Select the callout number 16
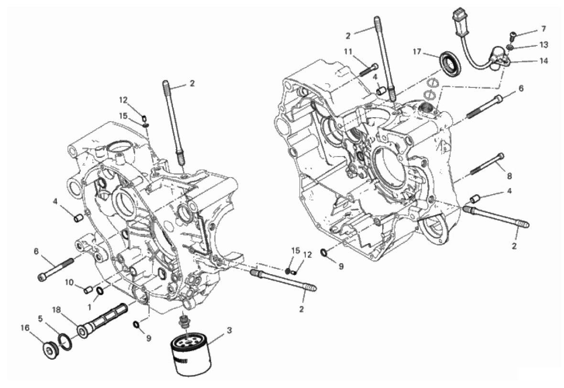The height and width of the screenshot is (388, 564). point(24,328)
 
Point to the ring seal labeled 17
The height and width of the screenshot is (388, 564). point(450,63)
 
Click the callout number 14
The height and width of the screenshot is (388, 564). point(544,61)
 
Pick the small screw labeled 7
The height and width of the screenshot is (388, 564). point(512,36)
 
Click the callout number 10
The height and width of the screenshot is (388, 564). point(69,283)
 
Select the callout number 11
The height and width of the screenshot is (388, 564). point(348,52)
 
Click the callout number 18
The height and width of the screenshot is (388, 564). point(56,310)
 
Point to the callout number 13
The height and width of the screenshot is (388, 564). point(544,45)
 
